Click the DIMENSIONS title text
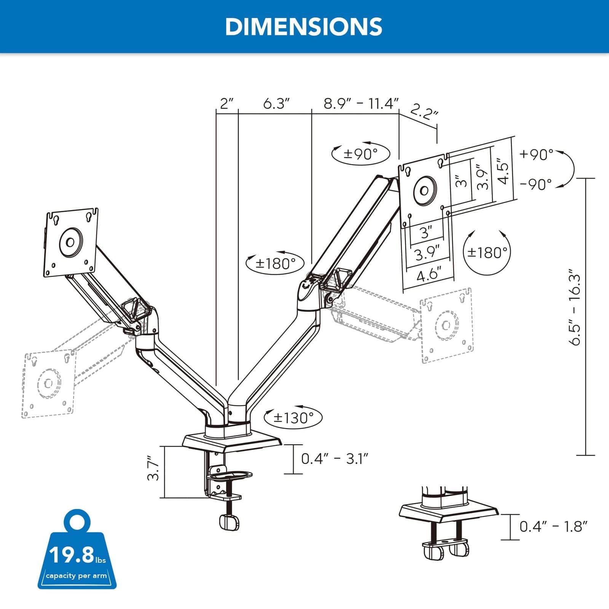(x=303, y=27)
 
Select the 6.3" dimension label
(x=276, y=104)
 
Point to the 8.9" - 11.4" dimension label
(x=361, y=104)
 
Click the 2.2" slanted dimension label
(x=424, y=113)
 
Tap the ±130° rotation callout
(x=293, y=418)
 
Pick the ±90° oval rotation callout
(x=360, y=154)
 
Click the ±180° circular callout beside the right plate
(x=487, y=252)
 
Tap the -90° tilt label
(x=536, y=185)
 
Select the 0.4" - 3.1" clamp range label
(x=335, y=459)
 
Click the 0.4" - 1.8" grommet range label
(x=553, y=527)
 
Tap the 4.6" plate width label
(x=429, y=274)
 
